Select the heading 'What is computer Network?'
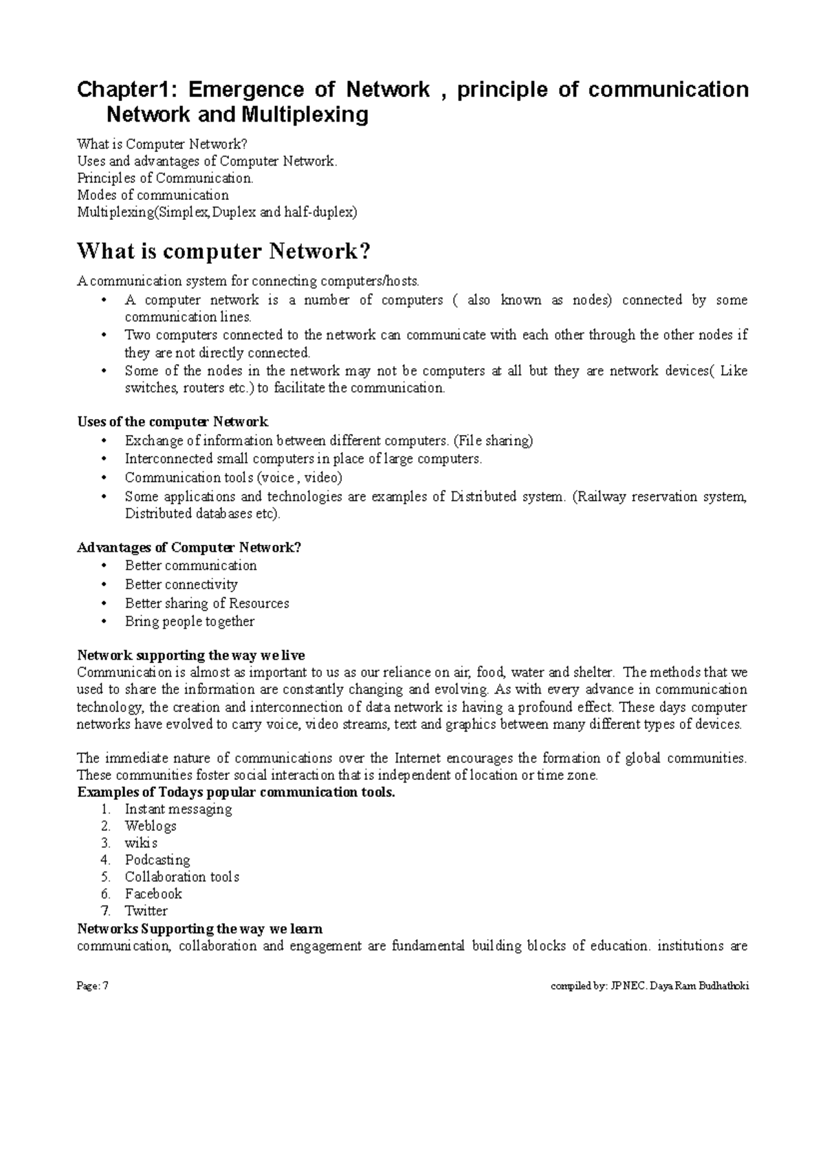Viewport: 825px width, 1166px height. click(224, 251)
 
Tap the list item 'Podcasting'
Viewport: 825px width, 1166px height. click(157, 860)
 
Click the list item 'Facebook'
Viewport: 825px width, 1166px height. click(153, 893)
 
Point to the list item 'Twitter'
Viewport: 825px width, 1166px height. click(146, 910)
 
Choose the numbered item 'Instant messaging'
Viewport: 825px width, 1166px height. click(178, 809)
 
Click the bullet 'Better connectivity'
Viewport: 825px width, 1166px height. click(181, 584)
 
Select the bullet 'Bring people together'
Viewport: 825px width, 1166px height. click(189, 621)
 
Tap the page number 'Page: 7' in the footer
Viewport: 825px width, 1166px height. click(93, 986)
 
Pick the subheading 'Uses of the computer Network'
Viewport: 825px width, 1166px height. click(173, 421)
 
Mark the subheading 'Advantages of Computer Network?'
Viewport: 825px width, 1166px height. click(189, 548)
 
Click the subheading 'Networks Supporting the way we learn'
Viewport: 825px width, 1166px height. click(199, 928)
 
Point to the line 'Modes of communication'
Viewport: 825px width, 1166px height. click(153, 195)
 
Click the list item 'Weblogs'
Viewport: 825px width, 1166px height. click(151, 826)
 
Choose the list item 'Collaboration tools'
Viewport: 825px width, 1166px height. click(181, 877)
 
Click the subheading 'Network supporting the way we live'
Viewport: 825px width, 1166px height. click(191, 655)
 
